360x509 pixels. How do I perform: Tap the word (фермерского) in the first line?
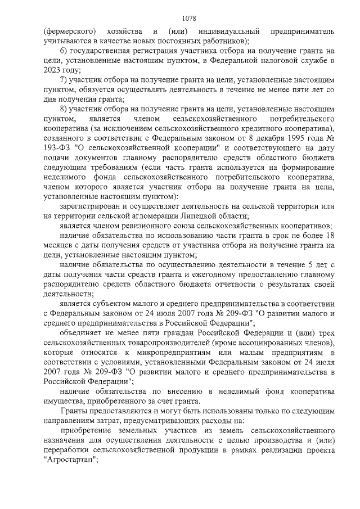(x=69, y=30)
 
